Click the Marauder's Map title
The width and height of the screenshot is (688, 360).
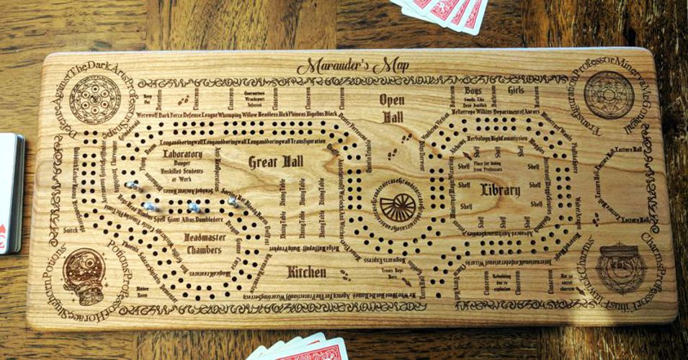(x=352, y=66)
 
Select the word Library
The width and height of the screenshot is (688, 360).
(x=500, y=190)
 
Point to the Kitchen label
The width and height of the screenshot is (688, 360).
(x=307, y=272)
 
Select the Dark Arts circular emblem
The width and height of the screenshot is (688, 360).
(x=95, y=97)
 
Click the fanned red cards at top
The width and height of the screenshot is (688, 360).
(x=443, y=12)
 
